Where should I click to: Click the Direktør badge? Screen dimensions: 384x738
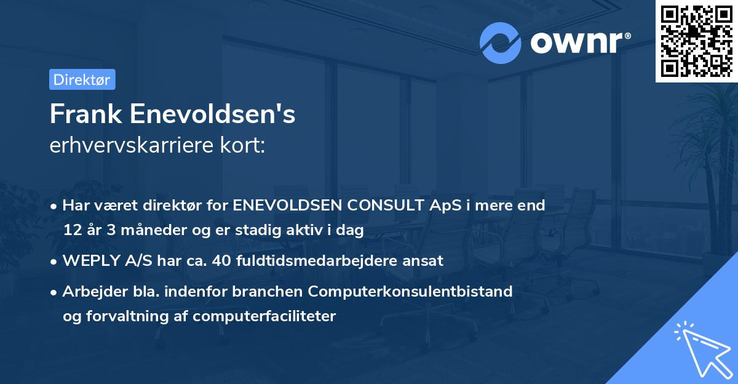pyautogui.click(x=82, y=79)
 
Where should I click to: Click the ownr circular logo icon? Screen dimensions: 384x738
pyautogui.click(x=501, y=43)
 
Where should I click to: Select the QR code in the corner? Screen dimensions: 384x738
pyautogui.click(x=696, y=41)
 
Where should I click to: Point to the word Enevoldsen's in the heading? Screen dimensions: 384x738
pyautogui.click(x=213, y=114)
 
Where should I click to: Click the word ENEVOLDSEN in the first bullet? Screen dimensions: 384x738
pyautogui.click(x=285, y=206)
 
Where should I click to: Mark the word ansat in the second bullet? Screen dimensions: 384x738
pyautogui.click(x=425, y=261)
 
